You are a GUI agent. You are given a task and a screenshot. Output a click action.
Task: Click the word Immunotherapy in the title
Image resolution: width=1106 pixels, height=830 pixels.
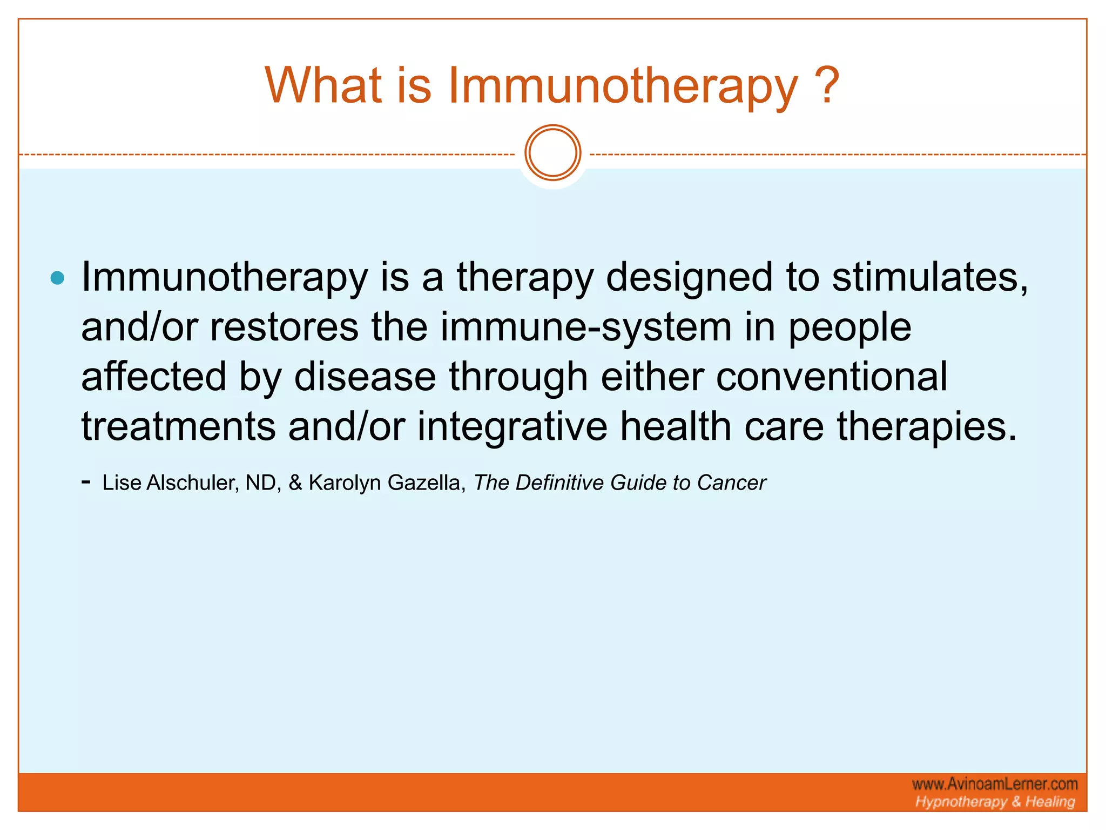click(x=622, y=86)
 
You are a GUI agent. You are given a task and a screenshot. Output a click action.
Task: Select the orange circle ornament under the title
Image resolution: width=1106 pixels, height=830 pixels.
click(x=552, y=153)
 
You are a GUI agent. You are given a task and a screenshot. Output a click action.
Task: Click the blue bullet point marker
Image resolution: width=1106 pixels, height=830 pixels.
click(x=57, y=278)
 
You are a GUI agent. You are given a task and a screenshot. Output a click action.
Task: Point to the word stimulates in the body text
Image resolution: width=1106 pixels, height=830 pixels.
click(x=929, y=277)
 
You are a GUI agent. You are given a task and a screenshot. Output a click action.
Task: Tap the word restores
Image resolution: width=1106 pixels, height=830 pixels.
click(x=284, y=327)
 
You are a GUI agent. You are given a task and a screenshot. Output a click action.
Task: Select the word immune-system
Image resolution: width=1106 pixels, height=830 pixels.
click(x=586, y=329)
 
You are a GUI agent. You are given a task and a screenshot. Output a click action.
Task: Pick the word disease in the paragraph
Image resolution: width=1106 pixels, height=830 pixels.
click(x=365, y=377)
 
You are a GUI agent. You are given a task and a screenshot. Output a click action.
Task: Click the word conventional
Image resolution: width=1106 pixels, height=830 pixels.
click(x=832, y=377)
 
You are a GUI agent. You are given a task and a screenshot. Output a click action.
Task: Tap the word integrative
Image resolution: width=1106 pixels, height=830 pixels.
click(x=512, y=426)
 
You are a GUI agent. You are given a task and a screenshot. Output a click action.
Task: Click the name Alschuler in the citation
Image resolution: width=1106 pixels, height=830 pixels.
click(x=193, y=483)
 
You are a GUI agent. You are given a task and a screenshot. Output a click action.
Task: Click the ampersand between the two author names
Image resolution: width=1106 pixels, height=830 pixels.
click(x=295, y=483)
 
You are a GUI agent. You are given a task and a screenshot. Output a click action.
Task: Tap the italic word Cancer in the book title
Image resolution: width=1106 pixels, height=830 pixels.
click(x=731, y=483)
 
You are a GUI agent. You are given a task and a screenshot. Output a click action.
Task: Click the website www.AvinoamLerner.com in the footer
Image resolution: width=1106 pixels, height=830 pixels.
click(x=995, y=784)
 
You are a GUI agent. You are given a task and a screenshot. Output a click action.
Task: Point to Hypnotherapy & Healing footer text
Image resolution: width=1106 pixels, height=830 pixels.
click(x=995, y=801)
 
